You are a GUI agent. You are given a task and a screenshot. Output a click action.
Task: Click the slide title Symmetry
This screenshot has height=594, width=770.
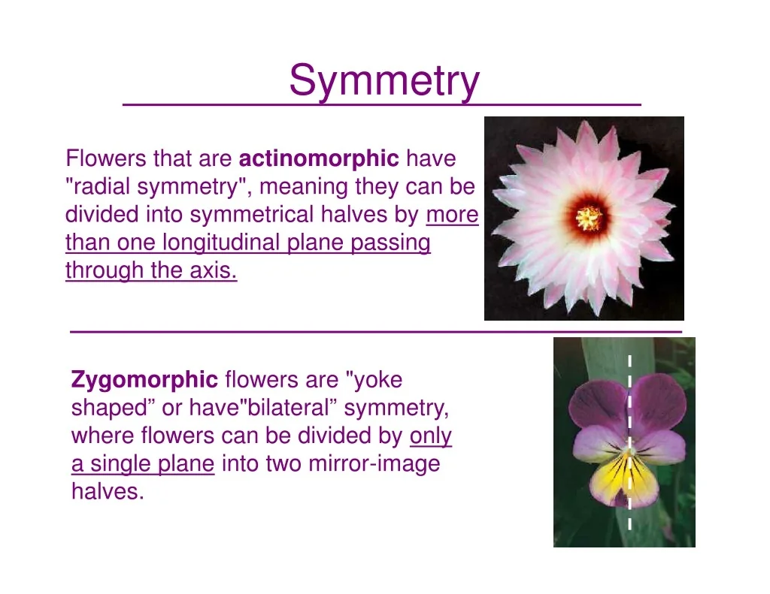(x=384, y=81)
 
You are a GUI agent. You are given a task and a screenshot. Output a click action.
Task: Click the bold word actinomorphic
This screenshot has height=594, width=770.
(x=319, y=158)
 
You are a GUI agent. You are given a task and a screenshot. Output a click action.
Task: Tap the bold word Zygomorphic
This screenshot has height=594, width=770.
(x=144, y=380)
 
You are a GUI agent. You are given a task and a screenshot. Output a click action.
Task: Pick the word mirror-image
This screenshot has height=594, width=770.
(x=374, y=464)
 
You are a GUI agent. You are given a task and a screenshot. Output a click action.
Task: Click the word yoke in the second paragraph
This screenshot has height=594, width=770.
(x=378, y=380)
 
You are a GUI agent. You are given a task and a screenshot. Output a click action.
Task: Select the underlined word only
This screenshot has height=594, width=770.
(x=431, y=436)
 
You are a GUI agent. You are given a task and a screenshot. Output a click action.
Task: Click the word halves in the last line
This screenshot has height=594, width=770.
(x=108, y=491)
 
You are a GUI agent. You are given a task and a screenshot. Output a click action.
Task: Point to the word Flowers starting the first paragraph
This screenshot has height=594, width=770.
(x=106, y=158)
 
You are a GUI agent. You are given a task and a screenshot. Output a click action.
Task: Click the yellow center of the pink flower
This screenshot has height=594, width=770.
(x=588, y=218)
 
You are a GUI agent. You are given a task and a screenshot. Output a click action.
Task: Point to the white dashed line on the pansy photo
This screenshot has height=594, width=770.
(x=629, y=443)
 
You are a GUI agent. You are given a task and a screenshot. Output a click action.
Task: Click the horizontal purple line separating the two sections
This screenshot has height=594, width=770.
(x=376, y=332)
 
